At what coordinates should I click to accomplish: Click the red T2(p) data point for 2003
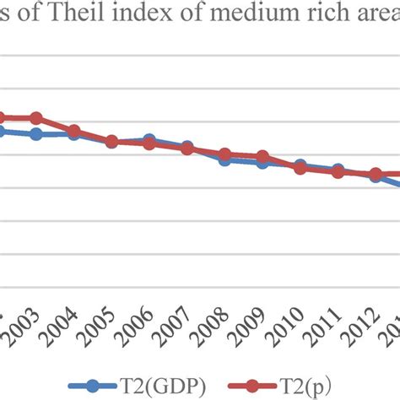(35, 118)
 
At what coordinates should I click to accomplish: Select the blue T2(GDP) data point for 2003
(35, 134)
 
